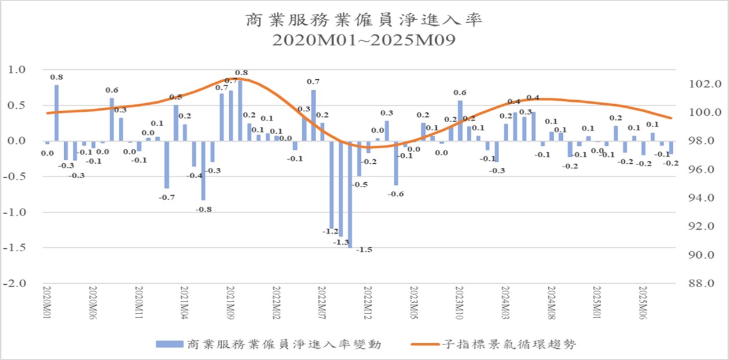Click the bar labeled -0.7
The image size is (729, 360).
click(166, 164)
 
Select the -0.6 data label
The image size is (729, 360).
click(396, 194)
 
